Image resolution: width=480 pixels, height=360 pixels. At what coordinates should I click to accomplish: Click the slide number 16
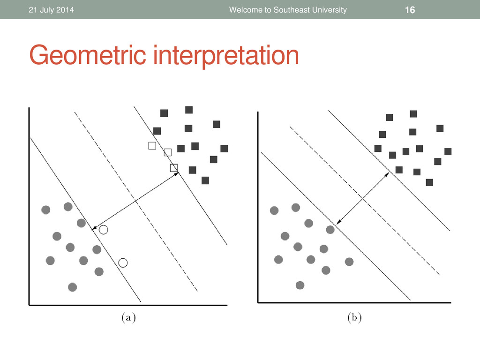click(x=410, y=10)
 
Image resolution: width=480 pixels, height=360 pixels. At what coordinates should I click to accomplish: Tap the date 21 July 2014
click(x=52, y=10)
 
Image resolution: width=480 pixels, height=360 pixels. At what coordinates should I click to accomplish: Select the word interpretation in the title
click(x=226, y=55)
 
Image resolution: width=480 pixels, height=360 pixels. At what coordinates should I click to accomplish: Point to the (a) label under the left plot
click(x=128, y=317)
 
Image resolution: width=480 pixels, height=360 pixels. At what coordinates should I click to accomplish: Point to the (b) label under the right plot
click(x=354, y=317)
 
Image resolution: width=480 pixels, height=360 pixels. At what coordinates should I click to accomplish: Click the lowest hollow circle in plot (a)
click(x=123, y=262)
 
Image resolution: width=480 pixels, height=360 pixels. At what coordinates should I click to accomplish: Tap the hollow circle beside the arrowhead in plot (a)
click(x=104, y=230)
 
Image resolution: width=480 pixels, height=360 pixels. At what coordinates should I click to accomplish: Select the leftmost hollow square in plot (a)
click(x=152, y=146)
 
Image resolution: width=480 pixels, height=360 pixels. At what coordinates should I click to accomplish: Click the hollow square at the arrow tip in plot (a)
click(x=174, y=168)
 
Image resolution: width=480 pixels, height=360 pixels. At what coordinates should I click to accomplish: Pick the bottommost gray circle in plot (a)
click(x=73, y=287)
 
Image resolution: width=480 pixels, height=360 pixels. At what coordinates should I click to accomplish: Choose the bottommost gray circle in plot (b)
click(x=300, y=285)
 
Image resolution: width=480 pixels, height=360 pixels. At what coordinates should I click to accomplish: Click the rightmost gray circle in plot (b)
click(x=349, y=262)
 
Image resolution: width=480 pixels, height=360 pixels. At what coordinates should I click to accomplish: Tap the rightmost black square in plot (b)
click(x=448, y=151)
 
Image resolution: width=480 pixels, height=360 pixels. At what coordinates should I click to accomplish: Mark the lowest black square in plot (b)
click(x=429, y=182)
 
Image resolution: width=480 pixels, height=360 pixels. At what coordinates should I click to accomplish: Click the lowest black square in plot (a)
click(x=205, y=180)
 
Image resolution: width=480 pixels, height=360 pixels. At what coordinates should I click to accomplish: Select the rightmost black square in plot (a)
click(x=225, y=149)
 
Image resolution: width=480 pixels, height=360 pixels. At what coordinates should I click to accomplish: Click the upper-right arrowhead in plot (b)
click(x=387, y=175)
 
